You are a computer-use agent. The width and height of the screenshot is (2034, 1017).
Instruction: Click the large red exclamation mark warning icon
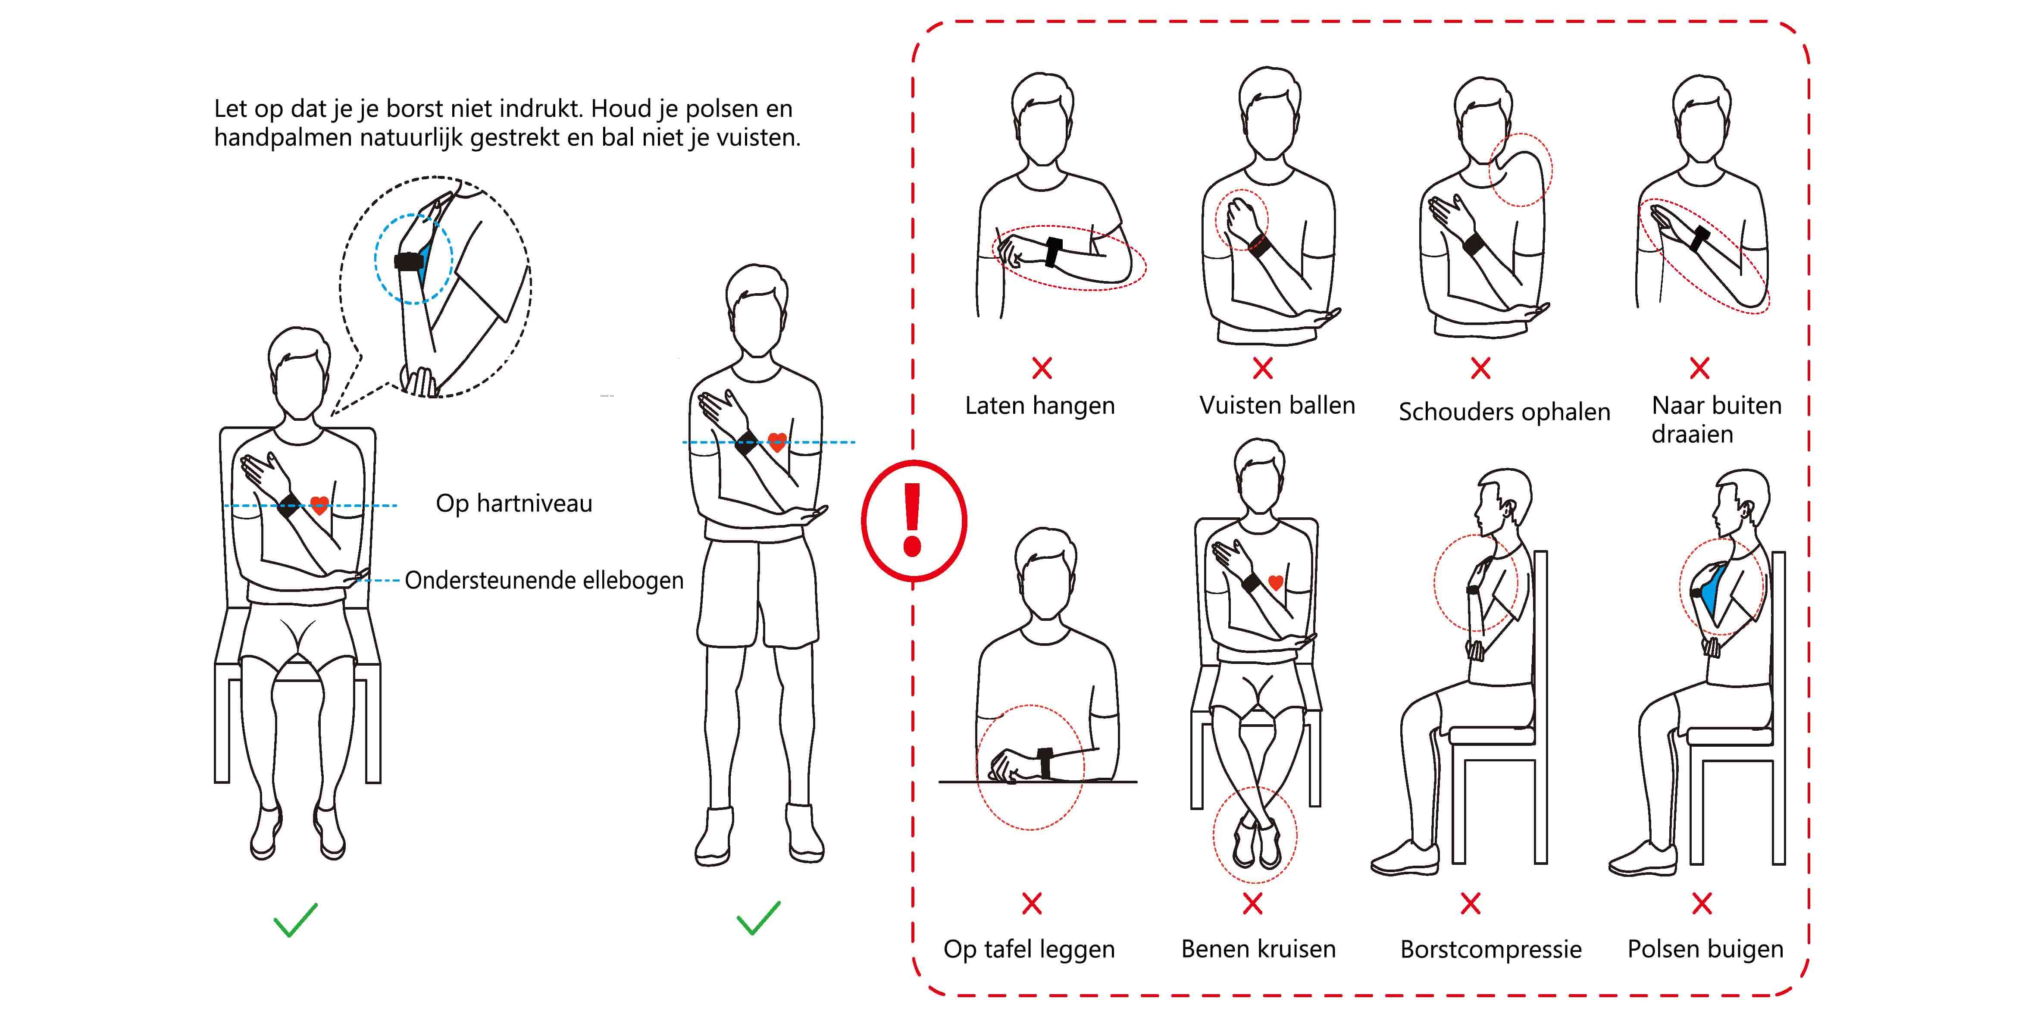[914, 520]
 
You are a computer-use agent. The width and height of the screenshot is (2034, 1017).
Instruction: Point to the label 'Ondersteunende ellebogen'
[544, 580]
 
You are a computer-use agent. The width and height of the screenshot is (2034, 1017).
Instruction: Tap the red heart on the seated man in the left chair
[319, 505]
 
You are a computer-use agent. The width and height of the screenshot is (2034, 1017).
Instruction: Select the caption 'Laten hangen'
[1040, 406]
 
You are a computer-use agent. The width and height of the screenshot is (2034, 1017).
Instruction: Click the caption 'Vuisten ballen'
[1277, 405]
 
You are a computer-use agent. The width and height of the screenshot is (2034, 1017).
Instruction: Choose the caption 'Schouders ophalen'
[1504, 412]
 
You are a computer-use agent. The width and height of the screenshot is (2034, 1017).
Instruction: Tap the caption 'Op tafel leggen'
[1029, 949]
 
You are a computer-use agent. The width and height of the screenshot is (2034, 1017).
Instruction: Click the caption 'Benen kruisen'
[1258, 948]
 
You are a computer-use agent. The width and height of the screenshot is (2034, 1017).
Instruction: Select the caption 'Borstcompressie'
[1491, 949]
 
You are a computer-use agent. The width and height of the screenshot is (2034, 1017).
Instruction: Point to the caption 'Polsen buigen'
[1705, 949]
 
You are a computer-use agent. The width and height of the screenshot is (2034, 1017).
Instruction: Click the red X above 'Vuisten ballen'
[1263, 367]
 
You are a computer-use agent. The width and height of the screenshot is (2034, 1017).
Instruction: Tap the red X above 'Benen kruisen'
[1252, 903]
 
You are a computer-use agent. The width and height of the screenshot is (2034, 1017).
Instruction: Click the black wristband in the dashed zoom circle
[410, 261]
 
